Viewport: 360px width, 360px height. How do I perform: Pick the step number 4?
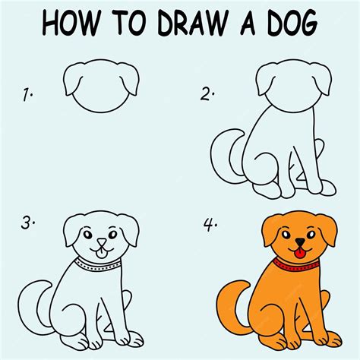(x=207, y=226)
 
